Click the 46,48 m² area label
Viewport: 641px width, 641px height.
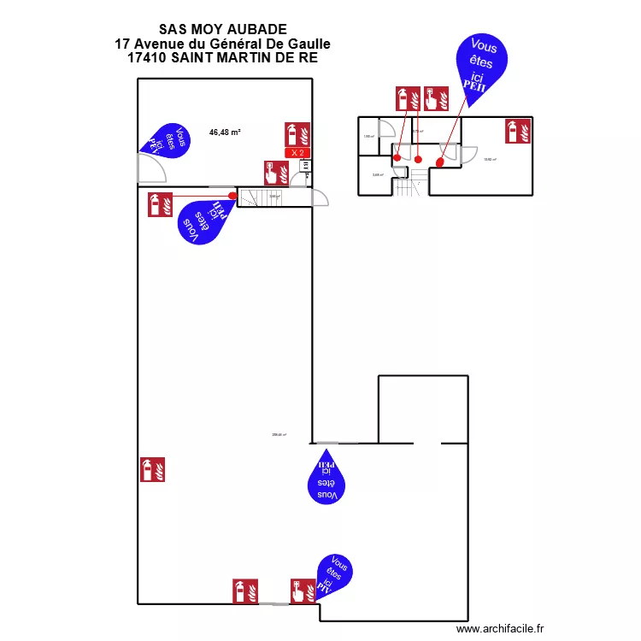225,132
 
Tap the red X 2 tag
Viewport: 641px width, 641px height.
297,153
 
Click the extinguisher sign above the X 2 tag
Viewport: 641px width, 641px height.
297,134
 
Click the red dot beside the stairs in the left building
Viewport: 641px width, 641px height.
232,195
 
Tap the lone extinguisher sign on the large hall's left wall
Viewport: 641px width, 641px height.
152,469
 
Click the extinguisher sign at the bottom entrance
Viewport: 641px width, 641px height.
244,591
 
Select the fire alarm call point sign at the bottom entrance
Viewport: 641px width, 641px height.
303,591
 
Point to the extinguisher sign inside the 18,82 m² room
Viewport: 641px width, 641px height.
518,130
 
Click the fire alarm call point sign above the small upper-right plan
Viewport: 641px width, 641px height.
437,98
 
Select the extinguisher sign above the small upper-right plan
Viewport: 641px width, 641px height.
408,98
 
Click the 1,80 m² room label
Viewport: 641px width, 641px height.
368,137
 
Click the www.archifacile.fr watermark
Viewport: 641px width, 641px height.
501,628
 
